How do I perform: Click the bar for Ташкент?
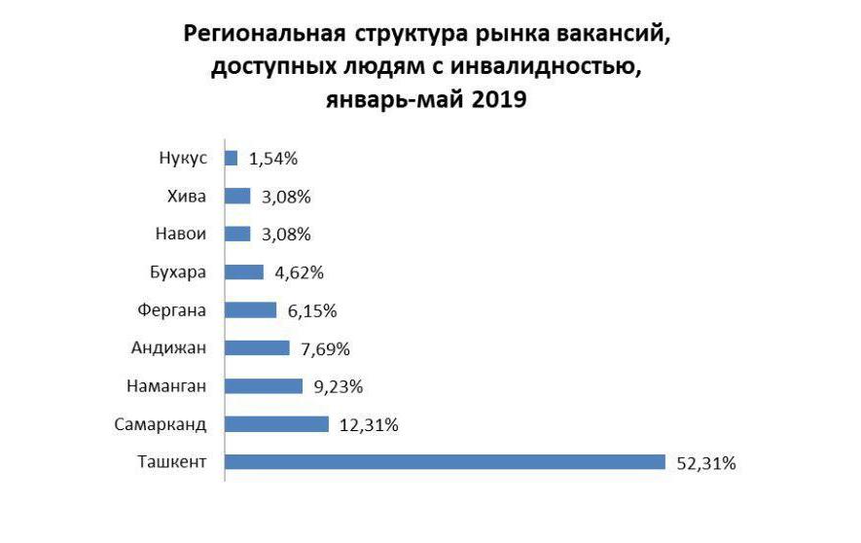[445, 462]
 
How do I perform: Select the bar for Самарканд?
[277, 424]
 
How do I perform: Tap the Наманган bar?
[264, 386]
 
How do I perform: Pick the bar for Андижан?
[258, 348]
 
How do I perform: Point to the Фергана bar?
[251, 310]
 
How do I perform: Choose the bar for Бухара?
[244, 272]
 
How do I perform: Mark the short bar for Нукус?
[232, 158]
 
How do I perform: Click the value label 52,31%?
[705, 463]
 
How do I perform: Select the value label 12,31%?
[369, 425]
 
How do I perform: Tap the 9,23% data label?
[340, 387]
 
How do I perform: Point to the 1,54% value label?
[274, 159]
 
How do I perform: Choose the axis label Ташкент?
[172, 462]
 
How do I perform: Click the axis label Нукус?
[182, 158]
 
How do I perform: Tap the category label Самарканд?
[161, 424]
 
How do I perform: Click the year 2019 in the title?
[496, 99]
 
